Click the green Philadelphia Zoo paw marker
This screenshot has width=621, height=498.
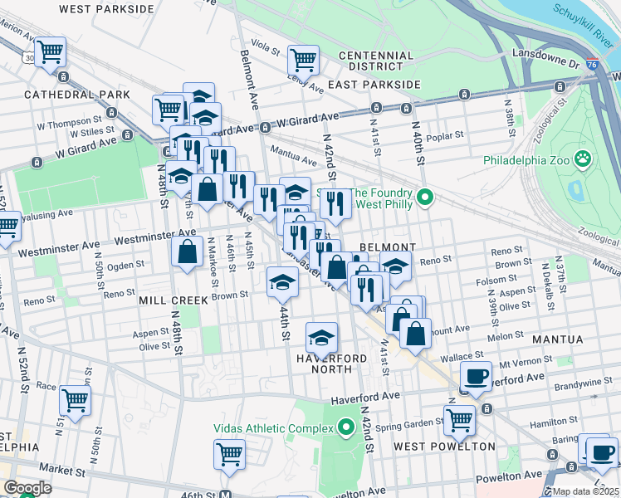[584, 157]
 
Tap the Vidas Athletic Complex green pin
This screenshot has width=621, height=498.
[346, 427]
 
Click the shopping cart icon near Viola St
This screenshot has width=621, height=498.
[303, 59]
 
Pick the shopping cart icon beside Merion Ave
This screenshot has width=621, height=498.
[51, 51]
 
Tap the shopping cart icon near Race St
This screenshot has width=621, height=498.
[75, 400]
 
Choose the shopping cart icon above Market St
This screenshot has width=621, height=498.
[230, 454]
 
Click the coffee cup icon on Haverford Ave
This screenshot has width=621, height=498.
[476, 376]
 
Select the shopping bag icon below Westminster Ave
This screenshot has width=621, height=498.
[188, 251]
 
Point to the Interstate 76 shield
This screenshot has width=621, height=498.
[590, 62]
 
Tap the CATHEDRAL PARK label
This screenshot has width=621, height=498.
[77, 95]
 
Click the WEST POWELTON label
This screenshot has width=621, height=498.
[444, 447]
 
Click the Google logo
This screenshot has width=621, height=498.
[27, 488]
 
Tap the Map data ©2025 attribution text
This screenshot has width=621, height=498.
[585, 491]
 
